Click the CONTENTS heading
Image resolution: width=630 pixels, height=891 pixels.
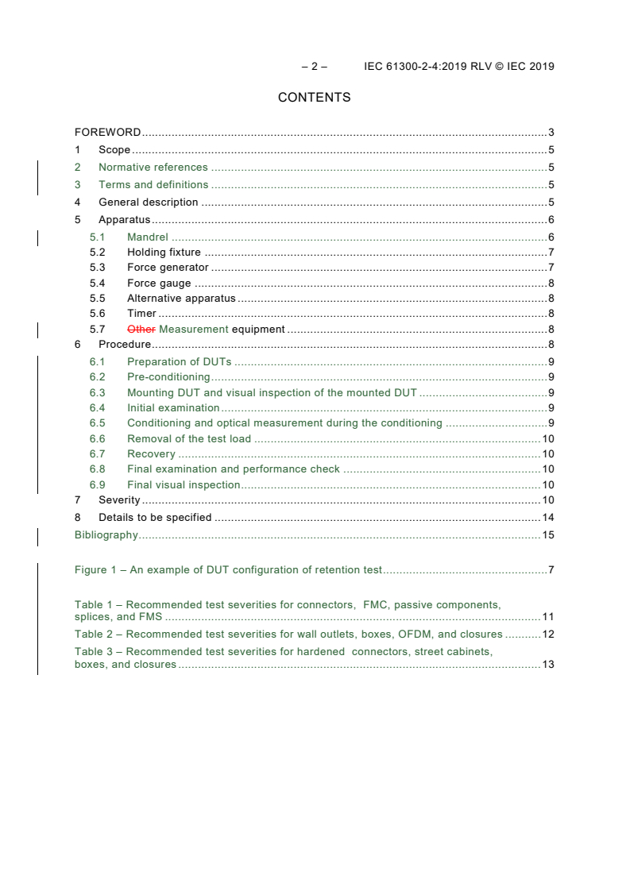click(314, 98)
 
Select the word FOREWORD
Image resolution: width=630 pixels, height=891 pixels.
click(107, 133)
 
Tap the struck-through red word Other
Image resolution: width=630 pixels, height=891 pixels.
click(141, 329)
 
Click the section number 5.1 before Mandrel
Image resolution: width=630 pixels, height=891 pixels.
click(97, 237)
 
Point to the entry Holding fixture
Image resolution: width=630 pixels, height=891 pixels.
click(164, 253)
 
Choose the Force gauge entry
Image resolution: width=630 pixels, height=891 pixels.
click(159, 283)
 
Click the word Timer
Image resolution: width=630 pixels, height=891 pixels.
click(141, 314)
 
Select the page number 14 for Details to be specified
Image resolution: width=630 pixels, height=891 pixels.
click(547, 518)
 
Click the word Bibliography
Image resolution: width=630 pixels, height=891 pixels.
click(106, 535)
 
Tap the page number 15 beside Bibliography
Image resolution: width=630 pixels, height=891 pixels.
click(547, 535)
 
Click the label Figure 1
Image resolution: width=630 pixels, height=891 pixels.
click(96, 570)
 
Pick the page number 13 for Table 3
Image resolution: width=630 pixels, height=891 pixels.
click(547, 665)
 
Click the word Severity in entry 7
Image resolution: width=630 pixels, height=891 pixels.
click(119, 500)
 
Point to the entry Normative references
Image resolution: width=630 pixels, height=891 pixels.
click(153, 168)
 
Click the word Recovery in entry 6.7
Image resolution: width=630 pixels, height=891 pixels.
click(151, 454)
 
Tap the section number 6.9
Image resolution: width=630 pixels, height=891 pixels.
click(97, 485)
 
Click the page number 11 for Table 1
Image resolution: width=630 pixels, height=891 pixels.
click(547, 617)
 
